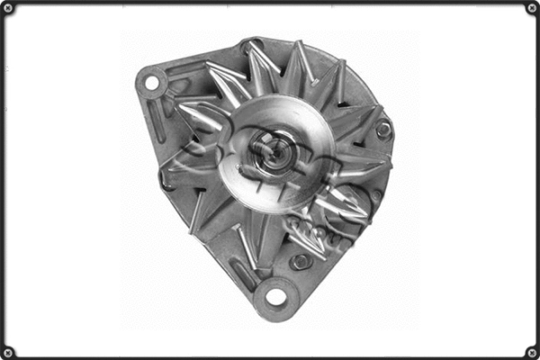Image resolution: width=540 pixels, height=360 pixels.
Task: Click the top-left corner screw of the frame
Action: (8, 8)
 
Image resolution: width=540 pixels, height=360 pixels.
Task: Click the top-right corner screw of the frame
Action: (531, 8)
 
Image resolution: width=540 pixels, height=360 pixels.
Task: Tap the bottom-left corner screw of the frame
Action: (8, 351)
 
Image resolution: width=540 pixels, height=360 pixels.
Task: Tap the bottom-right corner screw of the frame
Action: (531, 351)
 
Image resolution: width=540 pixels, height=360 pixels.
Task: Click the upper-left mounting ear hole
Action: (151, 84)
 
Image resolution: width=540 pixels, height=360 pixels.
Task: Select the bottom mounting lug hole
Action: (275, 296)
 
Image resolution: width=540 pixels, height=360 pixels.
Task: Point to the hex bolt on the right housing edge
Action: (384, 130)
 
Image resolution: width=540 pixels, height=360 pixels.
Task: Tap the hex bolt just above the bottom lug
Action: (301, 261)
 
